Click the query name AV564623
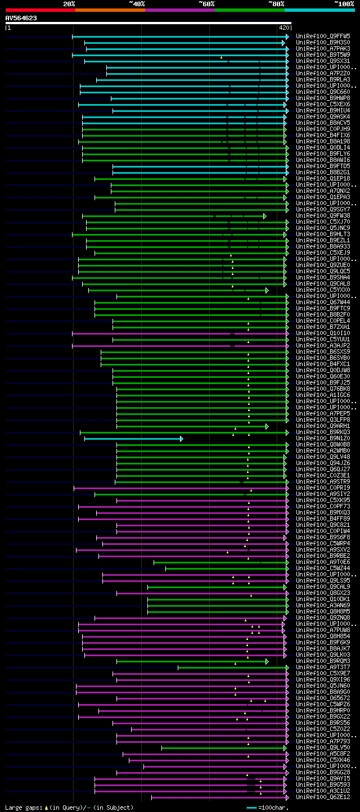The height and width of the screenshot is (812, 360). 21,18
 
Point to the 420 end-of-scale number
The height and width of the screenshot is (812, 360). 283,27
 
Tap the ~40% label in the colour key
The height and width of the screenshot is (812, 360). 137,3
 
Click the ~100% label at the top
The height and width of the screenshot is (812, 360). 344,3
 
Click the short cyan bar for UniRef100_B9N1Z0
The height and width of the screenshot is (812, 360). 133,439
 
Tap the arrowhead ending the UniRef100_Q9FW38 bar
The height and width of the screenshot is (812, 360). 265,216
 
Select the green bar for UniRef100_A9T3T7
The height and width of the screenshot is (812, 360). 231,667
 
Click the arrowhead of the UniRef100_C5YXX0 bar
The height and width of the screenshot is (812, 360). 267,290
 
